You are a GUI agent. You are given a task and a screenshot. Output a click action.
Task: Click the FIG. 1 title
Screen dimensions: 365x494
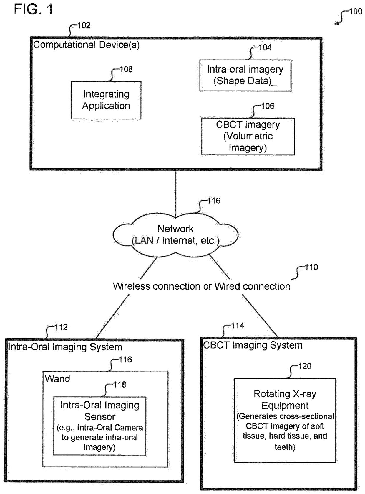[33, 9]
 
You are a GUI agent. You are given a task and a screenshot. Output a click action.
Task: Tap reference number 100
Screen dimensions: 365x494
[356, 12]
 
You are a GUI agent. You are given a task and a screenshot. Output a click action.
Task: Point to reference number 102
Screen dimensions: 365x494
[84, 25]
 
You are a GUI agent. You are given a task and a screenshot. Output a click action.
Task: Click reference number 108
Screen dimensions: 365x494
[126, 69]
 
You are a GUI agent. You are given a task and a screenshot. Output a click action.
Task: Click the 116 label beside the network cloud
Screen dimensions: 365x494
[214, 201]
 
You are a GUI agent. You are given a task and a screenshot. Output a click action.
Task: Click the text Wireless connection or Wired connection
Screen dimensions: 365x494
[201, 286]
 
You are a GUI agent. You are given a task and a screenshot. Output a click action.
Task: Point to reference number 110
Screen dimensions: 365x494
[311, 267]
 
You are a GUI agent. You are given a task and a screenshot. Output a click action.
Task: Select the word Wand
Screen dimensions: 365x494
[57, 379]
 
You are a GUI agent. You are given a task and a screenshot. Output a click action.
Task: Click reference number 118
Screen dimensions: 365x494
[120, 384]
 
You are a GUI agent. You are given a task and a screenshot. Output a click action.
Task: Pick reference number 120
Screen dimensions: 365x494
[305, 366]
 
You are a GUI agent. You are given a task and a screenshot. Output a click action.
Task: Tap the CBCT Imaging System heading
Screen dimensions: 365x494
[253, 345]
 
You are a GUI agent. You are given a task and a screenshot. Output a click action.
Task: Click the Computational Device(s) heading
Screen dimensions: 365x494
[87, 45]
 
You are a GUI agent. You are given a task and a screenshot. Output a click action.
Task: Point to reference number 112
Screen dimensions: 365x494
[61, 327]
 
